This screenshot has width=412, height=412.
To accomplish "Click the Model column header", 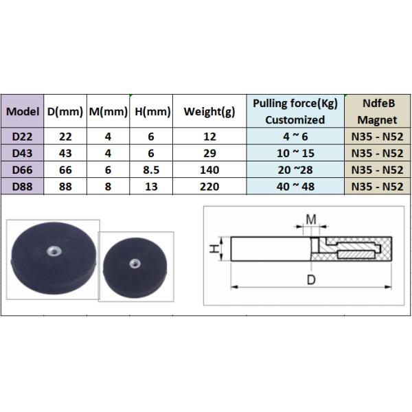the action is click(23, 111).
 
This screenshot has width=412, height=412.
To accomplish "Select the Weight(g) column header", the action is click(209, 112).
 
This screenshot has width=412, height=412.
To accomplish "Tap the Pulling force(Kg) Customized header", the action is click(295, 111).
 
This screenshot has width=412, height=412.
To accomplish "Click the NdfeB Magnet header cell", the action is click(378, 111).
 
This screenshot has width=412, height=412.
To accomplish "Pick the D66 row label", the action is click(23, 170).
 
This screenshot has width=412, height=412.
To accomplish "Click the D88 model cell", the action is click(23, 187).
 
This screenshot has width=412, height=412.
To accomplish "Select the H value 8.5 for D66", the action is click(151, 170).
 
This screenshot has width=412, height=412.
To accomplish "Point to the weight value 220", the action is click(209, 187).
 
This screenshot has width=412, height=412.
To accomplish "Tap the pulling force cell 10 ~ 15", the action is click(295, 153).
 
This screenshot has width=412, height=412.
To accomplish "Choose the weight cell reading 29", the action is click(209, 153).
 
